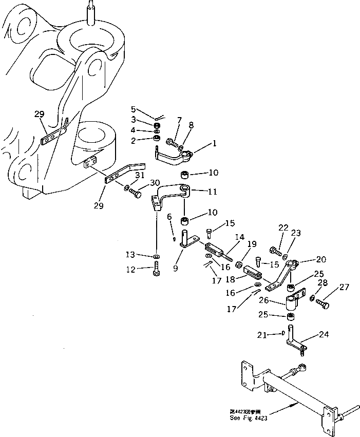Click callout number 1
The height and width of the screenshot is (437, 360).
coord(213,144)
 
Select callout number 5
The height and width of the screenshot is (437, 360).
coord(133,109)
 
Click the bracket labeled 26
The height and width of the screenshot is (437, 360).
coord(294,300)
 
